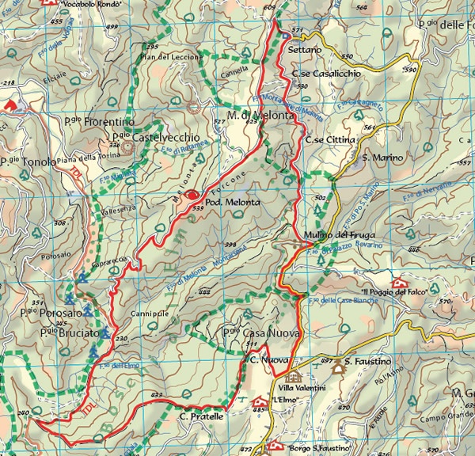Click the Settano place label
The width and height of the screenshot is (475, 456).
[x=305, y=49]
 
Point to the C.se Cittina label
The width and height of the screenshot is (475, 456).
[x=330, y=139]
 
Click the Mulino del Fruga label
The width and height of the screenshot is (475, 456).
[x=332, y=235]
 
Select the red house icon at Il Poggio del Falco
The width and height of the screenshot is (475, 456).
[x=399, y=283]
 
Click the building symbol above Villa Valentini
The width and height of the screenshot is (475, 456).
[x=294, y=377]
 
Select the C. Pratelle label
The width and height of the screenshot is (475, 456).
[x=202, y=416]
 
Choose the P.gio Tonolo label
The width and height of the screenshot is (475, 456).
[x=21, y=161]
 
